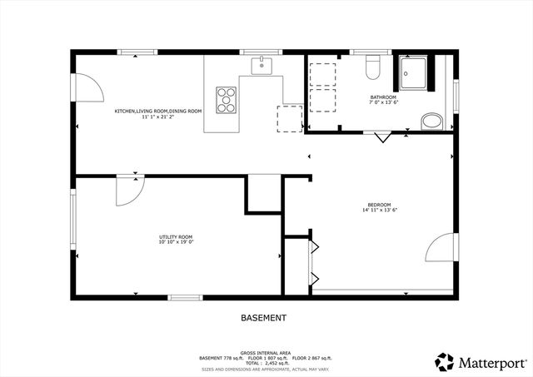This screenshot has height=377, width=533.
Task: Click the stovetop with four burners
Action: [226, 99]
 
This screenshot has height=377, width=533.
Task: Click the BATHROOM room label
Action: [384, 97]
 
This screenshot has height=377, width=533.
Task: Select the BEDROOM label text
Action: [380, 205]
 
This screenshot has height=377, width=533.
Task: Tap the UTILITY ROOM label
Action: [176, 237]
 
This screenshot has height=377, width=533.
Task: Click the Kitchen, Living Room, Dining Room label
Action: [158, 111]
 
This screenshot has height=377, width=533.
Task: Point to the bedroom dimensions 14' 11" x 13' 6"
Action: [380, 211]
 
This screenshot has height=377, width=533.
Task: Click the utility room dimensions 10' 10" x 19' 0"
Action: [176, 243]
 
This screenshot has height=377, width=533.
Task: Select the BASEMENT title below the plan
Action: [264, 318]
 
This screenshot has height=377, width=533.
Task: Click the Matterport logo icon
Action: [443, 362]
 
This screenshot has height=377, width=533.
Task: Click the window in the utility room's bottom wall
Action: [184, 297]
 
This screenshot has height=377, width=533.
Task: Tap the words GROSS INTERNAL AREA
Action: [264, 352]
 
